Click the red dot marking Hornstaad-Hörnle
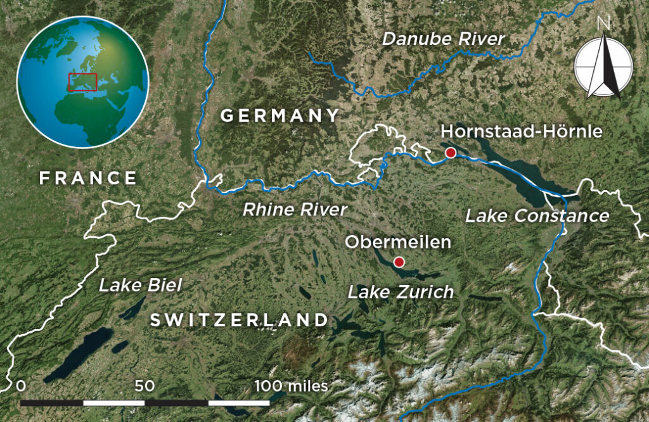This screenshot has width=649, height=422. point(451,153)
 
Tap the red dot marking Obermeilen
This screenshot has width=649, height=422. point(399,262)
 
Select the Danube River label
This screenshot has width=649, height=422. point(443,39)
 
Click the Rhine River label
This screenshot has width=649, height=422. point(295,210)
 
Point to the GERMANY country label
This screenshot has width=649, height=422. point(280,116)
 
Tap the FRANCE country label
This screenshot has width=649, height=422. point(88,178)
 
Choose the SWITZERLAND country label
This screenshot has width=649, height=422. point(239,320)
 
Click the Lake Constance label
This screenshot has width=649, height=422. point(537,215)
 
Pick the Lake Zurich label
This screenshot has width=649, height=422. point(401,292)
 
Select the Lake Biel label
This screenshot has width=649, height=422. point(140,285)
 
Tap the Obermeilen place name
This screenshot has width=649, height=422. point(397,242)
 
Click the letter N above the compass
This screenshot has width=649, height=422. point(603,23)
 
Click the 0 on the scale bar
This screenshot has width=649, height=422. point(22,386)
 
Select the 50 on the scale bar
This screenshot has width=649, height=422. point(145,386)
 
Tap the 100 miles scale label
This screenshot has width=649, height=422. point(291,386)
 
